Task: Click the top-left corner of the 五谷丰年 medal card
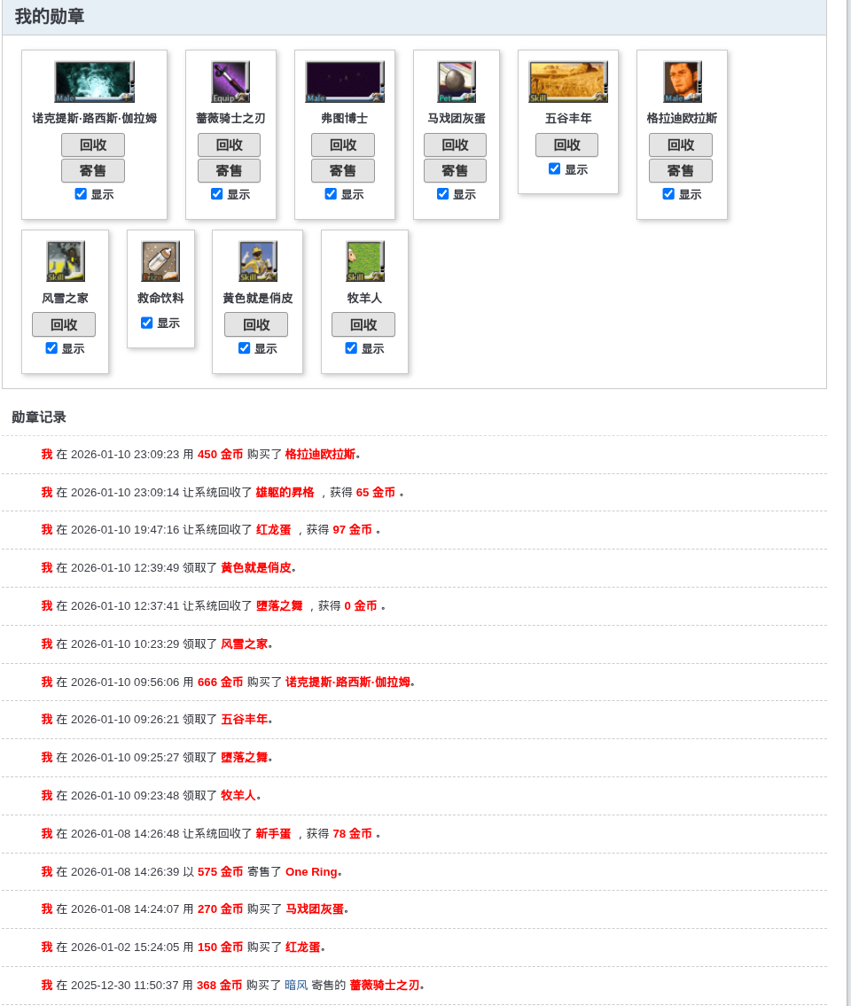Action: coord(519,51)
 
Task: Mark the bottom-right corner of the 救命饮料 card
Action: coord(194,347)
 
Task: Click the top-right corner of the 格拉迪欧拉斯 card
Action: coord(727,51)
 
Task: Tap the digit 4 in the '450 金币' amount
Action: coord(201,454)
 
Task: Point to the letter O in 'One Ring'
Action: coord(290,872)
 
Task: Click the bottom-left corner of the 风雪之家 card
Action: coord(22,373)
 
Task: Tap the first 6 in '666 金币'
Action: coord(201,682)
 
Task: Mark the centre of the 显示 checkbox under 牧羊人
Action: coord(351,347)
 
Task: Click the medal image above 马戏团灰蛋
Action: coord(457,82)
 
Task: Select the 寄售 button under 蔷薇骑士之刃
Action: coord(229,171)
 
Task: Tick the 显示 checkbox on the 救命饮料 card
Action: coord(147,323)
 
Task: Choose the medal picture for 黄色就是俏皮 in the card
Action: coord(257,261)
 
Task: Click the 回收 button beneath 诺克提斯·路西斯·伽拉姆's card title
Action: coord(93,145)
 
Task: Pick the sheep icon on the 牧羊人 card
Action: coord(364,261)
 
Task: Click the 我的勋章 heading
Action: coord(50,17)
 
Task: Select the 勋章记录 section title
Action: coord(38,417)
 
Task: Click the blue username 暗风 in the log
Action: coord(296,985)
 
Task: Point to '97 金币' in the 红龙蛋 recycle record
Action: coord(352,530)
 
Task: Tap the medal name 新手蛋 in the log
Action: coord(273,833)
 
